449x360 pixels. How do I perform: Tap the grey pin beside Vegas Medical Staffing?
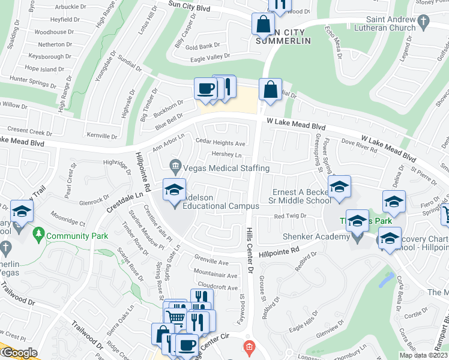[175, 164]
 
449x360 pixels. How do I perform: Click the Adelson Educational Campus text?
[220, 202]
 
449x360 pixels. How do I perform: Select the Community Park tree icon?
[40, 232]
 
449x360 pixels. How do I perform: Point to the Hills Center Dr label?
[250, 251]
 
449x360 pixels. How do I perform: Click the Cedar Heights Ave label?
[221, 143]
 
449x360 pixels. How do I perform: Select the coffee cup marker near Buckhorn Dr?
[205, 89]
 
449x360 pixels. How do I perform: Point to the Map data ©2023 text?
[423, 355]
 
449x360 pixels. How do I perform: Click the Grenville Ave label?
[212, 262]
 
